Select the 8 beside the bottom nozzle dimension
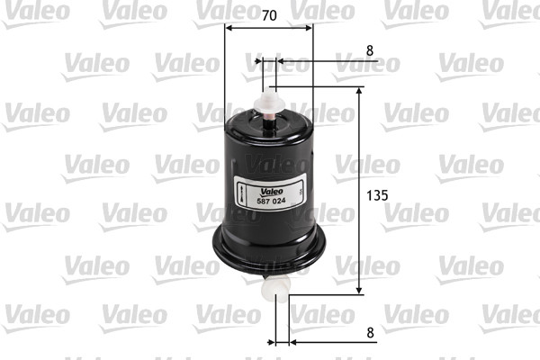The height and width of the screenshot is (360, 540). click(x=370, y=331)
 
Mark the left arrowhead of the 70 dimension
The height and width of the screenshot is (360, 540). click(x=229, y=27)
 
